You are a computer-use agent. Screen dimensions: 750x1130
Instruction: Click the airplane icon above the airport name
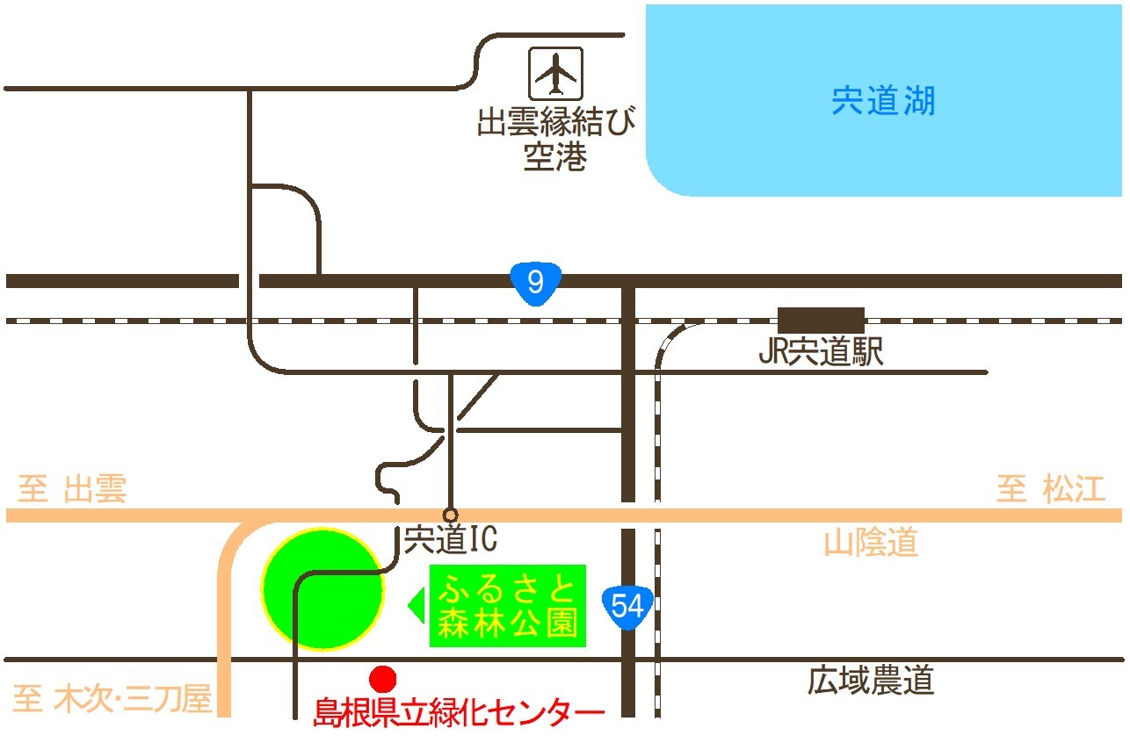tap(555, 73)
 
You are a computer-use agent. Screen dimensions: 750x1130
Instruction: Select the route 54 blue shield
tap(627, 605)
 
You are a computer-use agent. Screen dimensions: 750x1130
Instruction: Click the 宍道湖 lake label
tap(883, 102)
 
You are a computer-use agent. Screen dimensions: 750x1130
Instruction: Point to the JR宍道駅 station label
tap(821, 353)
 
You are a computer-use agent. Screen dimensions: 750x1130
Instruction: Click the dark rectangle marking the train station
tap(821, 320)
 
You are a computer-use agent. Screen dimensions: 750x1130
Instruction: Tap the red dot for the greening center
tap(382, 678)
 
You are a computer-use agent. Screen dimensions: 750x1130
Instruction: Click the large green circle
tap(323, 588)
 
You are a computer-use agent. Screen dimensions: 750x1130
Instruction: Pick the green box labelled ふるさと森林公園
tap(508, 606)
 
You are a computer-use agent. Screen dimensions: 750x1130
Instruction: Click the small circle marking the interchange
tap(451, 514)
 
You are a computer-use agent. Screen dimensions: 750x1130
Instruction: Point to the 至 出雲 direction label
tap(73, 489)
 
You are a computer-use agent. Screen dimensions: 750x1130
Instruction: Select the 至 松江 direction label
tap(1050, 489)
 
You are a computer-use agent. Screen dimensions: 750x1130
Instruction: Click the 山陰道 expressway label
tap(871, 544)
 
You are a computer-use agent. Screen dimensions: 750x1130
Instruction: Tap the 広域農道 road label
tap(870, 681)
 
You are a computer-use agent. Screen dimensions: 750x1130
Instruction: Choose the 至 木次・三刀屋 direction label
tap(112, 700)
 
